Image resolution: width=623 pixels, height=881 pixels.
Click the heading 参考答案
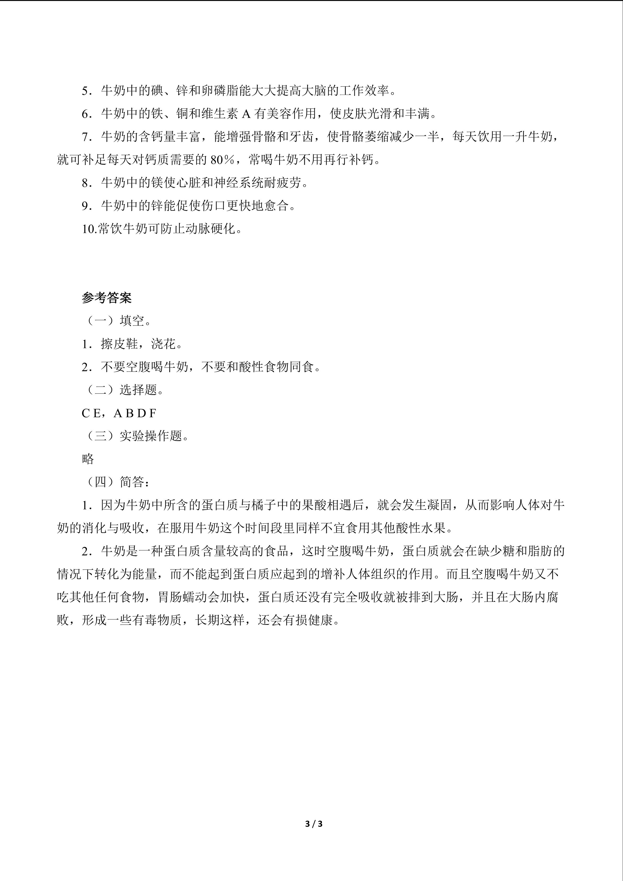pyautogui.click(x=107, y=298)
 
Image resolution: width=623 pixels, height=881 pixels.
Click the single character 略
pyautogui.click(x=88, y=459)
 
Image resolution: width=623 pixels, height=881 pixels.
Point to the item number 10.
pyautogui.click(x=89, y=229)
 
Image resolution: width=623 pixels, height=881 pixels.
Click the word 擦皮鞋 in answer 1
pyautogui.click(x=119, y=344)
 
